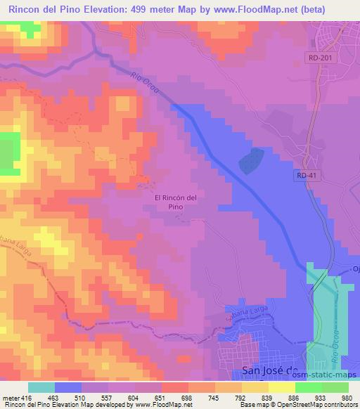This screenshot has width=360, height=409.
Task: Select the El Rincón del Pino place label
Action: click(180, 202)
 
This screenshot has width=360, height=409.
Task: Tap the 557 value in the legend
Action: click(108, 398)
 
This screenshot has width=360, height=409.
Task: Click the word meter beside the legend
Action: click(9, 398)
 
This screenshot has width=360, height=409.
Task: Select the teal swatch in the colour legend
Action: click(41, 387)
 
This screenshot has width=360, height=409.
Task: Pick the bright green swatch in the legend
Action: click(335, 387)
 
